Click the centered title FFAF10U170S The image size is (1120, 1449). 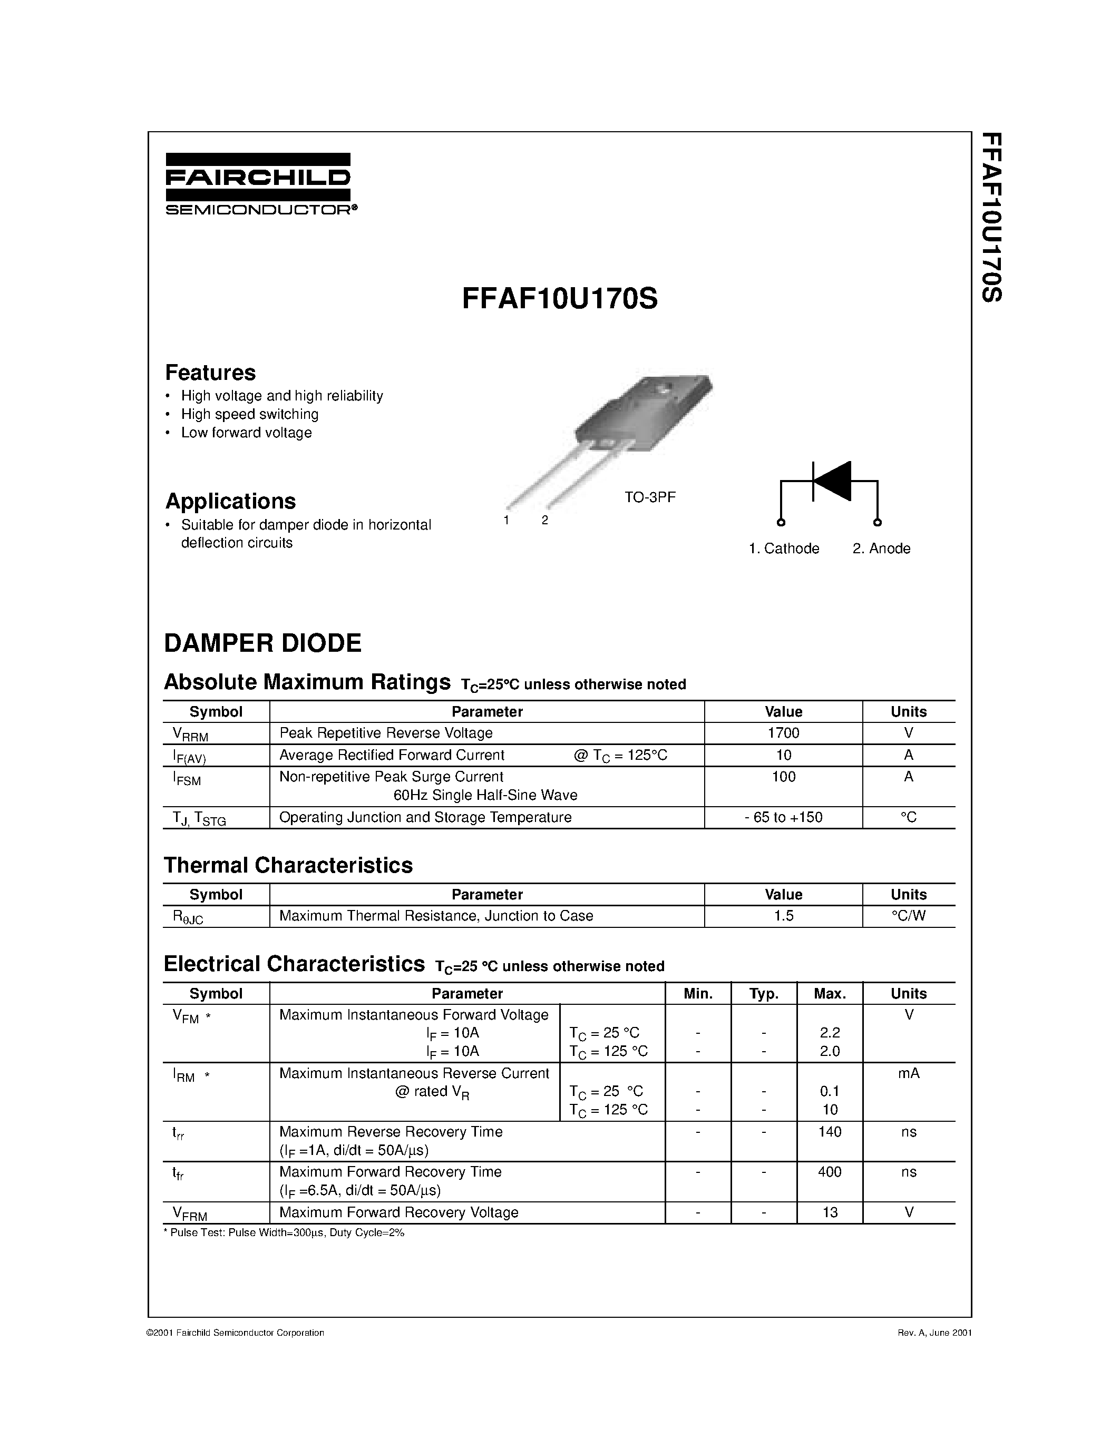pos(559,299)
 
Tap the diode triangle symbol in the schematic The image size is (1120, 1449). pos(833,481)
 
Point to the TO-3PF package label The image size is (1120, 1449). pos(649,497)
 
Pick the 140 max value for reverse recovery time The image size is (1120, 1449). pos(830,1132)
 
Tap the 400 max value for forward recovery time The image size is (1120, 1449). pos(830,1172)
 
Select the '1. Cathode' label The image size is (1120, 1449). pos(784,549)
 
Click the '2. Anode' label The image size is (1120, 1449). pos(881,549)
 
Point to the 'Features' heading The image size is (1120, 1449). pos(210,373)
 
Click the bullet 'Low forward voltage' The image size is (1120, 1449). pos(246,433)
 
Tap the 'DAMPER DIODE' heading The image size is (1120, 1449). pos(263,643)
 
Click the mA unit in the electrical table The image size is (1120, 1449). pos(908,1073)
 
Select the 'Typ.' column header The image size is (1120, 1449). pos(764,994)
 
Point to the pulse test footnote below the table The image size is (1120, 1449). pos(284,1233)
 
